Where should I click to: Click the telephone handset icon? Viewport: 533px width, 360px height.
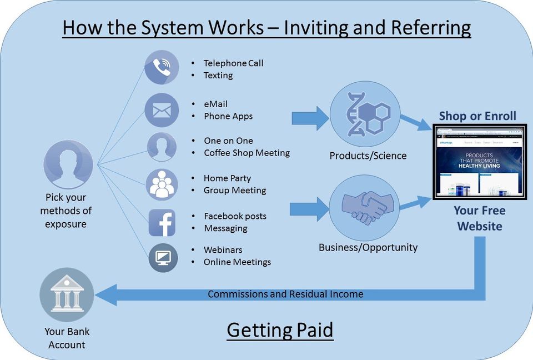tap(162, 67)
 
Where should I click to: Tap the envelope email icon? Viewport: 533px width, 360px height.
tap(162, 110)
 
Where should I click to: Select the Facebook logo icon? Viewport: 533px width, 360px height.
tap(162, 223)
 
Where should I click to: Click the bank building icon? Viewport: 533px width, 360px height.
tap(67, 294)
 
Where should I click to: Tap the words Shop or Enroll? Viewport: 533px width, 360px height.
tap(477, 116)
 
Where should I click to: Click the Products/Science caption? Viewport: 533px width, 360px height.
tap(368, 156)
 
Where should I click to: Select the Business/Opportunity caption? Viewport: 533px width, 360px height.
tap(368, 247)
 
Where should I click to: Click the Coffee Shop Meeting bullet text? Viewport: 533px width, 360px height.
tap(247, 153)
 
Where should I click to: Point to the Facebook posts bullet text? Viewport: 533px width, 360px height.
tap(235, 216)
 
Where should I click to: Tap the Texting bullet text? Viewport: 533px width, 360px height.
tap(218, 76)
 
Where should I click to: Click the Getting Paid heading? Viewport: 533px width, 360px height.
tap(280, 330)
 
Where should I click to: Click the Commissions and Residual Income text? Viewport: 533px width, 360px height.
tap(285, 294)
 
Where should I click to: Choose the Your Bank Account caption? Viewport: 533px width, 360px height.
tap(67, 338)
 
